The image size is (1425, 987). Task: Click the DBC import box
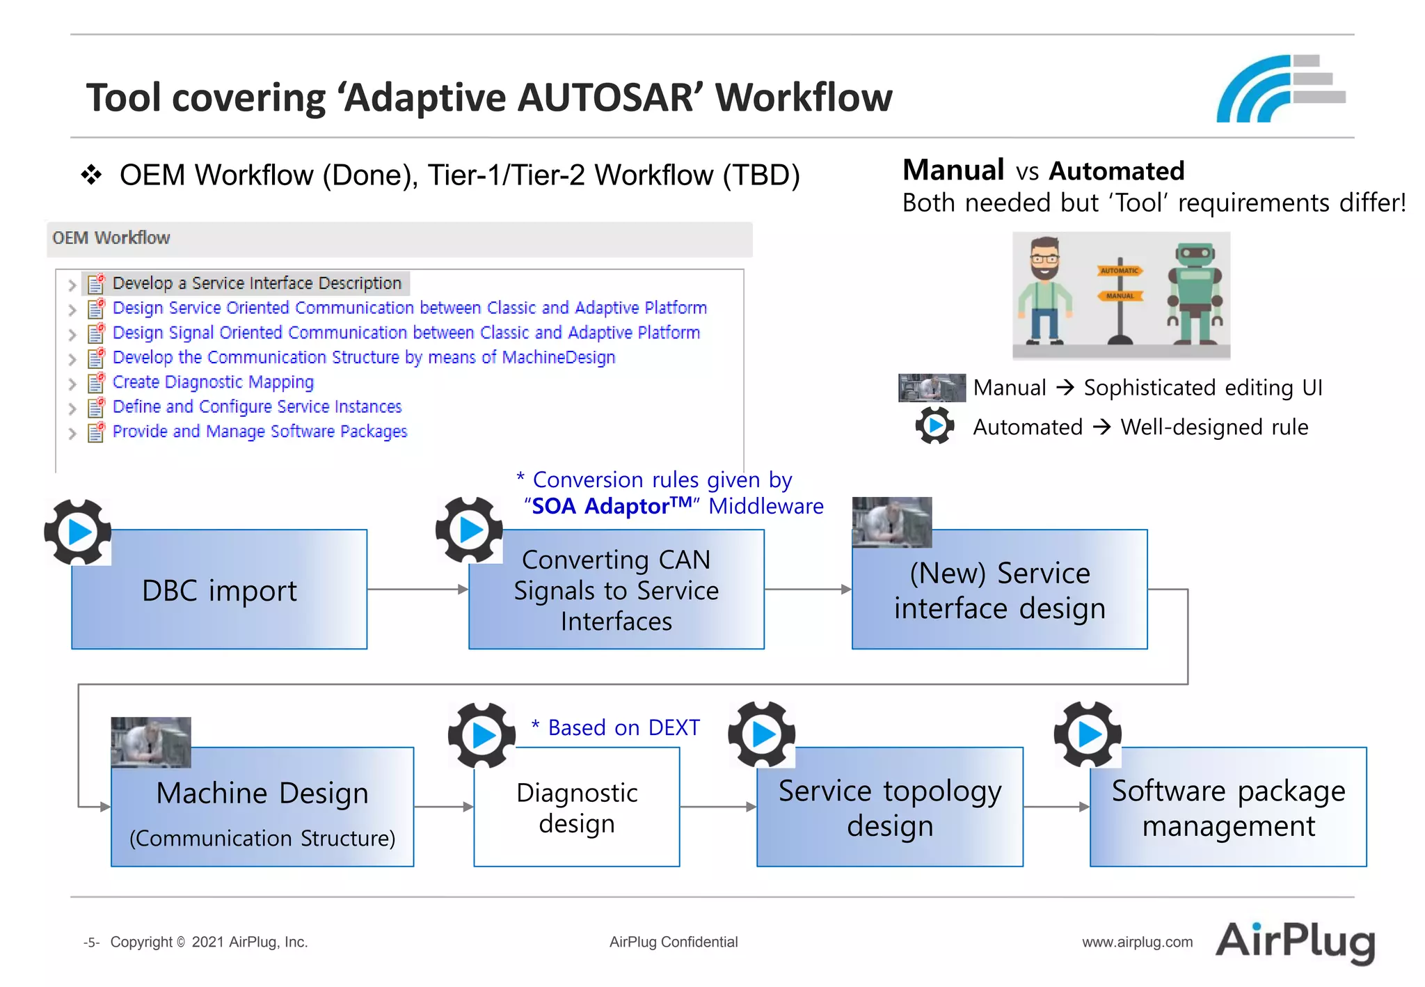(219, 590)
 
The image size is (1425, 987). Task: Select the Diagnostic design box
(576, 807)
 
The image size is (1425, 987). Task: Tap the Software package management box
(1228, 807)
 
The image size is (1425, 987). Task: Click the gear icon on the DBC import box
(78, 532)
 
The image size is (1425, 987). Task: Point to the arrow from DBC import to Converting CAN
(417, 590)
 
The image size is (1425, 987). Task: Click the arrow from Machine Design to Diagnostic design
(443, 807)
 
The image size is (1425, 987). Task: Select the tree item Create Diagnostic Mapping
(213, 382)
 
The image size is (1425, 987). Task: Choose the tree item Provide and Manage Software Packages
(260, 432)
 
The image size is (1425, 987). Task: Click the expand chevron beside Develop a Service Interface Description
(72, 285)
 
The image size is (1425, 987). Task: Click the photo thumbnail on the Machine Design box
(151, 742)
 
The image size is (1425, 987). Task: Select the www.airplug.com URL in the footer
(1137, 942)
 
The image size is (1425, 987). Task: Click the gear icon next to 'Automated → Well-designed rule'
(934, 426)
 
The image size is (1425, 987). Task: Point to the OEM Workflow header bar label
(111, 238)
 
